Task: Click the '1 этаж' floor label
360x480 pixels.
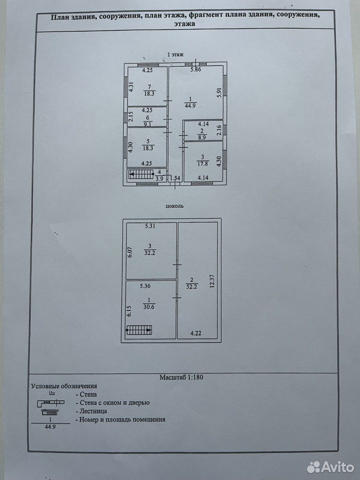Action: pyautogui.click(x=175, y=55)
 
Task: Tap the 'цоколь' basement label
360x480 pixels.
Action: pyautogui.click(x=174, y=206)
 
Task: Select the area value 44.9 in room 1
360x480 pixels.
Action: pyautogui.click(x=190, y=106)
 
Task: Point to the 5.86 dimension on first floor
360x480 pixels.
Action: pyautogui.click(x=195, y=69)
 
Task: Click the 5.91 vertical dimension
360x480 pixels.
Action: pyautogui.click(x=218, y=93)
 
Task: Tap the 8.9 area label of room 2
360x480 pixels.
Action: pyautogui.click(x=202, y=137)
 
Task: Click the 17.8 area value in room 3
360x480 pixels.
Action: pyautogui.click(x=202, y=163)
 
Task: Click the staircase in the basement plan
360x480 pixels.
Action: pyautogui.click(x=139, y=330)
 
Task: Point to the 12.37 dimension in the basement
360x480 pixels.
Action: pyautogui.click(x=212, y=281)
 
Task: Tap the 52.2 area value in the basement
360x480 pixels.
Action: pyautogui.click(x=191, y=286)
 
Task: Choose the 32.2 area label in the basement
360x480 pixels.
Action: pyautogui.click(x=149, y=253)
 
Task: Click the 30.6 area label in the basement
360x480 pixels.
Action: pyautogui.click(x=149, y=307)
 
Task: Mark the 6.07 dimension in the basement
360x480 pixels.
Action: pyautogui.click(x=130, y=252)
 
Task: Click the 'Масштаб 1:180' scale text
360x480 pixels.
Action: pyautogui.click(x=181, y=377)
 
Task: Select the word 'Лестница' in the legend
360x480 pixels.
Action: pyautogui.click(x=93, y=411)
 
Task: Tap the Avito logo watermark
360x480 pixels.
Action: pyautogui.click(x=330, y=467)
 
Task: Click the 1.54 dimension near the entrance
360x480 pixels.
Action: pyautogui.click(x=175, y=178)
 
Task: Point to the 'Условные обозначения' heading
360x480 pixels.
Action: pyautogui.click(x=64, y=386)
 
